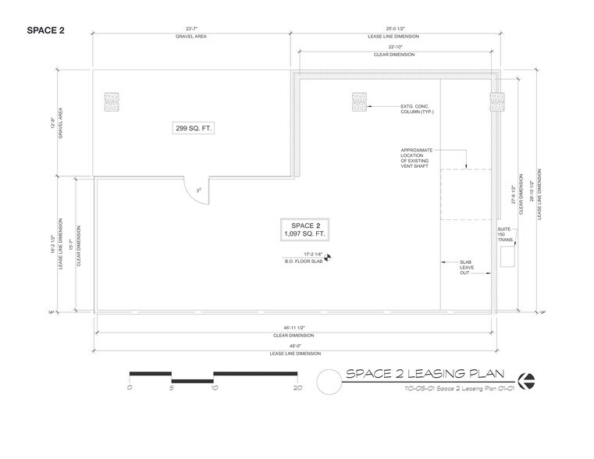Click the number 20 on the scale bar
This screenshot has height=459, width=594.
click(297, 387)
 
